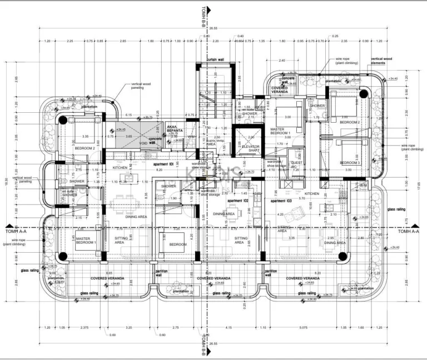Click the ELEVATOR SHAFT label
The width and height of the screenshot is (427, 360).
click(x=252, y=148)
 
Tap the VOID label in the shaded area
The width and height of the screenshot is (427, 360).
click(x=143, y=143)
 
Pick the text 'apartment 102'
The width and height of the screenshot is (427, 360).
click(x=237, y=200)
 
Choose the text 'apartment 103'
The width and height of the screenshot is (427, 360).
click(x=281, y=200)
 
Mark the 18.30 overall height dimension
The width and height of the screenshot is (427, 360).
click(x=5, y=181)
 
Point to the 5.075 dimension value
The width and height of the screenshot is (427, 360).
click(x=304, y=328)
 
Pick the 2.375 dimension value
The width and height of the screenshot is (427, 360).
click(x=85, y=328)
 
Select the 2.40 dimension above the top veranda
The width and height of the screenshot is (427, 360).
click(x=282, y=60)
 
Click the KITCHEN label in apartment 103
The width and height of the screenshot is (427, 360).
click(x=311, y=193)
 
